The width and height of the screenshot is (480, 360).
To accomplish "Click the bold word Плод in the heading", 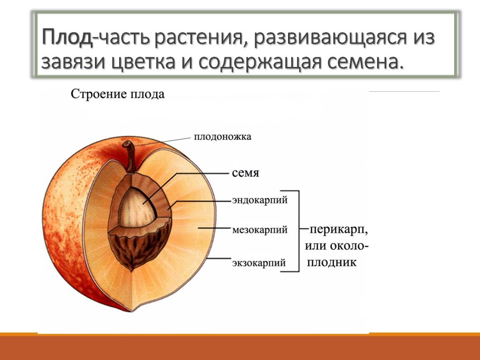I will tap(67, 38).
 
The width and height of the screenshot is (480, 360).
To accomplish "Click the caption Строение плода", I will tap(118, 95).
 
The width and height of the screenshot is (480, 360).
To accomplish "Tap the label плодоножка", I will tap(223, 137).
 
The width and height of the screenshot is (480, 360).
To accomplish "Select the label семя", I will tap(245, 172).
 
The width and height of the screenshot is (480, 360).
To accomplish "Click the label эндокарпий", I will tap(260, 200).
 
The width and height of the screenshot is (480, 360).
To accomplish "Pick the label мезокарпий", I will tap(260, 230).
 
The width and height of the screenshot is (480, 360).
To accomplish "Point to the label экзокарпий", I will tap(259, 262).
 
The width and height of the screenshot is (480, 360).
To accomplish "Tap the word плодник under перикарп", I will tap(331, 262).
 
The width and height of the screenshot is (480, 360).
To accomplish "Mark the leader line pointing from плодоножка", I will tap(164, 140).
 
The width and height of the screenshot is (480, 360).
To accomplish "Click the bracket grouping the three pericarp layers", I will tap(297, 231).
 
